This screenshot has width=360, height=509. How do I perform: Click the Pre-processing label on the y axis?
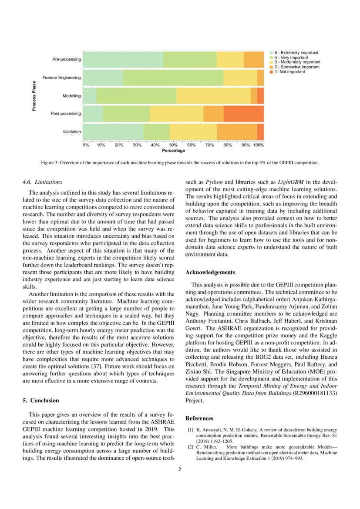tap(67, 59)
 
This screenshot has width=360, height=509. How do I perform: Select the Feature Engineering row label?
tap(61, 78)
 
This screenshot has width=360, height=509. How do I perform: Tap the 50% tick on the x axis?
tap(173, 145)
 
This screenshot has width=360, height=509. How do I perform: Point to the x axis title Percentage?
tap(173, 151)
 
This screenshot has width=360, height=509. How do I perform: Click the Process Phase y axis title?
tap(34, 96)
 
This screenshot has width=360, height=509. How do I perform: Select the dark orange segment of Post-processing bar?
tap(244, 114)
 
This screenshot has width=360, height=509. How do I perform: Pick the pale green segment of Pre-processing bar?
tap(123, 59)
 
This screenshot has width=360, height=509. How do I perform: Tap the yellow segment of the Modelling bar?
tap(213, 95)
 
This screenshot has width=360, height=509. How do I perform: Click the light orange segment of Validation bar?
tap(237, 131)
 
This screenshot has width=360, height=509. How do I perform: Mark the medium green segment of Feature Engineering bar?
tap(173, 78)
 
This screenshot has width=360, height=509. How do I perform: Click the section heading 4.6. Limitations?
tap(42, 182)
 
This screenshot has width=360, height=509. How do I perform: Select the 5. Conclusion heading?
tap(40, 400)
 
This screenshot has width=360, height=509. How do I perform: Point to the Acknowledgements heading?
tap(210, 273)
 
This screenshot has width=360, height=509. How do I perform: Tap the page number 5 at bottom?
tap(180, 469)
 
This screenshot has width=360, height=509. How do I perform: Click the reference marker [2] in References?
tap(191, 447)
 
